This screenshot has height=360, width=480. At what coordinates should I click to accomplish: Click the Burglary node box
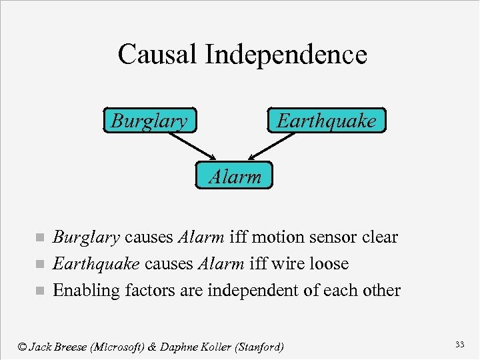pyautogui.click(x=150, y=121)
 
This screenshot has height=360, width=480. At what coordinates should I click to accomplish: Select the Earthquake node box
pyautogui.click(x=326, y=121)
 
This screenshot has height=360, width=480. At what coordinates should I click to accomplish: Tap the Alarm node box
pyautogui.click(x=235, y=177)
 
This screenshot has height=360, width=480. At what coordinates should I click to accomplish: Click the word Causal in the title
pyautogui.click(x=157, y=55)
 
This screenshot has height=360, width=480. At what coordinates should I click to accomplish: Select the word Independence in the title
pyautogui.click(x=286, y=55)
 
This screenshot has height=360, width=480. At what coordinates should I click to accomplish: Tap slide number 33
pyautogui.click(x=459, y=344)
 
